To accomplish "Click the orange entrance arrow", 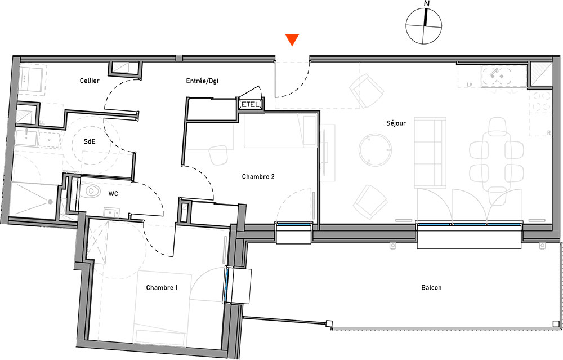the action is pos(292,39).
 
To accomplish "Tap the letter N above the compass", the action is pos(427,3).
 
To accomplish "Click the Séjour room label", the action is pos(396,123).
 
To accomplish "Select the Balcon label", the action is pos(431,287).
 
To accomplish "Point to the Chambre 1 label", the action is pos(162,287).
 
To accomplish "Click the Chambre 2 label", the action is pos(258,176).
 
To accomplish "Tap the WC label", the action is pos(113,194).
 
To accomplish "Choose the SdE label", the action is pos(90,141).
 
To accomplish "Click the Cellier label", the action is pos(90,81).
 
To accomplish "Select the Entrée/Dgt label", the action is pos(202,81).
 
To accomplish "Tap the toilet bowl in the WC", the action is pos(89,192).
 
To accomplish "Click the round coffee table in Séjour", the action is pos(375,149).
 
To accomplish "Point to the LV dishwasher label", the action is pos(470,85).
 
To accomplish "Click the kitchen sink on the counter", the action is pos(497,76).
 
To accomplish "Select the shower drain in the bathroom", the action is pos(50,202).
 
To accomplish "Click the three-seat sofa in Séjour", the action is pos(430,153).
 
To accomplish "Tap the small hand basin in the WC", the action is pos(111,212).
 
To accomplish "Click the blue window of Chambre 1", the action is pos(226,285).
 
